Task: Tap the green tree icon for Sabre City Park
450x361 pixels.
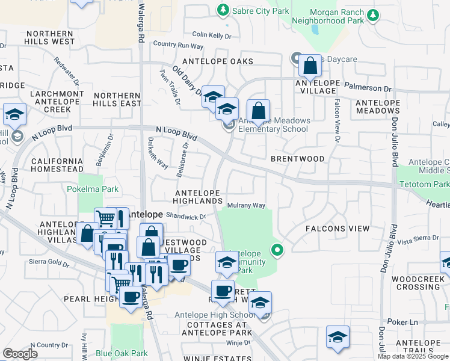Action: pos(223,10)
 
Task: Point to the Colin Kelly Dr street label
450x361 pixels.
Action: pos(212,35)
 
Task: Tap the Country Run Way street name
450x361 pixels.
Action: pos(179,45)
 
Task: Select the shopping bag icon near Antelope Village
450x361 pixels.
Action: pos(309,66)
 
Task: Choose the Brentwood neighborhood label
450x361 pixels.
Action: pos(297,159)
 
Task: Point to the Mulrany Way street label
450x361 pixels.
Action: pos(246,206)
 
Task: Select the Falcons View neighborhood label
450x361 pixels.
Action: pos(337,229)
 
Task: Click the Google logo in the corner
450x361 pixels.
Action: pos(20,354)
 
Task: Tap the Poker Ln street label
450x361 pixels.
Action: pos(401,322)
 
